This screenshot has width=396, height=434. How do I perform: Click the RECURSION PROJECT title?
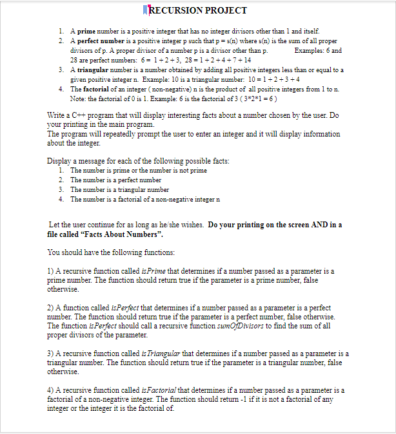click(197, 10)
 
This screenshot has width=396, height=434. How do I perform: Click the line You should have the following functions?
click(111, 252)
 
